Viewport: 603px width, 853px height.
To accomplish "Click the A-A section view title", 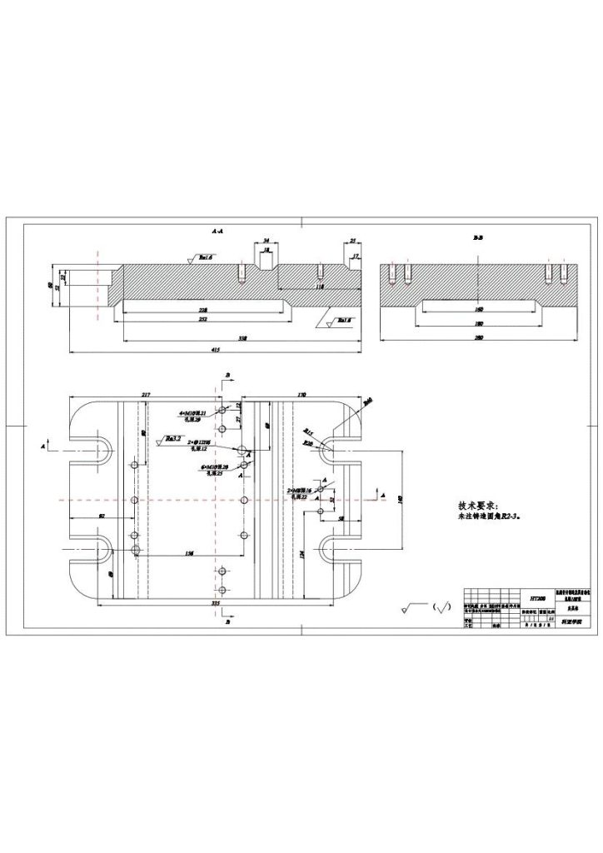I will click(216, 228).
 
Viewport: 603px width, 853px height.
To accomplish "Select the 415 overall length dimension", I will click(216, 350).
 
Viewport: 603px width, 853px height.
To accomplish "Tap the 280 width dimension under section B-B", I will click(479, 338).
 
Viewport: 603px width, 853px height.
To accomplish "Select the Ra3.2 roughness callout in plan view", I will click(172, 437).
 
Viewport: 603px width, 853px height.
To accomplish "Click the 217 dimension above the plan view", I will click(145, 393).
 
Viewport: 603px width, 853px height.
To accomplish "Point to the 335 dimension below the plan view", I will click(216, 601).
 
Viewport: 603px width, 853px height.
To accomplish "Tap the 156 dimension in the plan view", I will click(190, 553).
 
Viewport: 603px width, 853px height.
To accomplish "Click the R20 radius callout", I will click(308, 445).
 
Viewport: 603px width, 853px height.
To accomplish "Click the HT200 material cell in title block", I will click(536, 597).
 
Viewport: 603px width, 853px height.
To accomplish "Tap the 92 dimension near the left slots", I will click(101, 517).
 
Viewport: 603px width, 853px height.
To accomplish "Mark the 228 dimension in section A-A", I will click(203, 309).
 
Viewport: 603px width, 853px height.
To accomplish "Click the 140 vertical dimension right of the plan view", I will click(399, 497).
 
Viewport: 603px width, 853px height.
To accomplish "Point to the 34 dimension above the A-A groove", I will click(265, 238).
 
